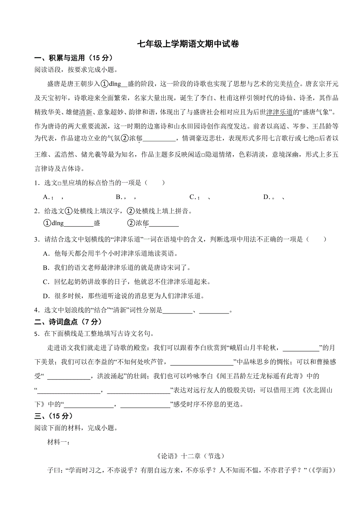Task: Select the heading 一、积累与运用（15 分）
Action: (74, 58)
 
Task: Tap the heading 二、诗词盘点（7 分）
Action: (68, 322)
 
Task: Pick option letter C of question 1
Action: (192, 197)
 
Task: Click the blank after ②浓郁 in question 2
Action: (164, 224)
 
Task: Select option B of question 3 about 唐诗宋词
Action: (117, 267)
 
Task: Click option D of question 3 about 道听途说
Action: (124, 296)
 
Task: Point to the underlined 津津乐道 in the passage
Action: (279, 113)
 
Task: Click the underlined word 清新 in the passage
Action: (85, 113)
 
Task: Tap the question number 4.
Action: (36, 310)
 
